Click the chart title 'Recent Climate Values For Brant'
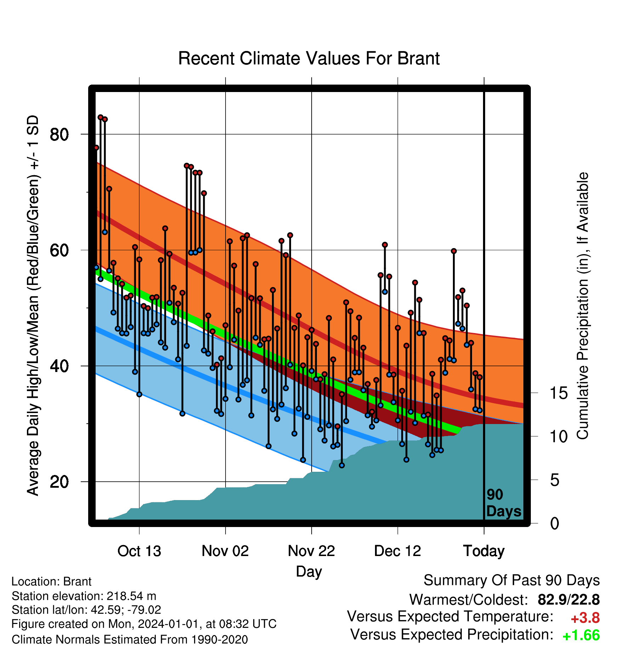pyautogui.click(x=309, y=58)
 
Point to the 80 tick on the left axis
pyautogui.click(x=59, y=134)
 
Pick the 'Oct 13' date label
pyautogui.click(x=139, y=551)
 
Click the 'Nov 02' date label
pyautogui.click(x=225, y=551)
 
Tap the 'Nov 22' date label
pyautogui.click(x=311, y=551)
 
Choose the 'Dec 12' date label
pyautogui.click(x=398, y=551)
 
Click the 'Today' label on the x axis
pyautogui.click(x=484, y=551)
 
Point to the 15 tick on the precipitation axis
pyautogui.click(x=558, y=393)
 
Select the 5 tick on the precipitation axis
pyautogui.click(x=555, y=480)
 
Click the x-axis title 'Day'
pyautogui.click(x=309, y=572)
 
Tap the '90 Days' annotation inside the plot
pyautogui.click(x=504, y=503)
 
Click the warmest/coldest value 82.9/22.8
pyautogui.click(x=569, y=600)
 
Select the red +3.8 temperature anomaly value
pyautogui.click(x=585, y=618)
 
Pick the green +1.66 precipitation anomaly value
pyautogui.click(x=581, y=636)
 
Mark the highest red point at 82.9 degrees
pyautogui.click(x=101, y=117)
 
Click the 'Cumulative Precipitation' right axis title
pyautogui.click(x=583, y=307)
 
